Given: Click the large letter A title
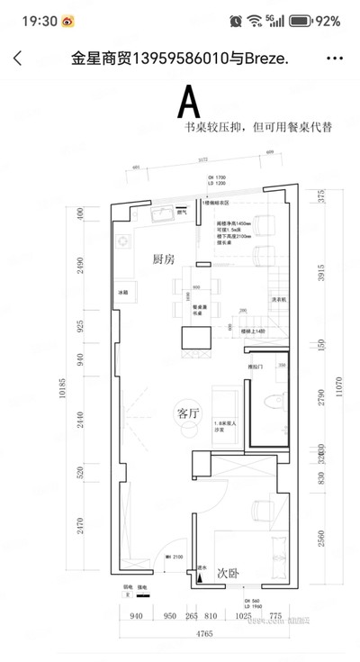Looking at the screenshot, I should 188,102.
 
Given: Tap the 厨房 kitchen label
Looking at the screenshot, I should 163,259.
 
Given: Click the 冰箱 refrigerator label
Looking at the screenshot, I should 121,294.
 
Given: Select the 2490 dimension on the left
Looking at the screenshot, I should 80,266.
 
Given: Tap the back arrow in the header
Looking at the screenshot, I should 17,59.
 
